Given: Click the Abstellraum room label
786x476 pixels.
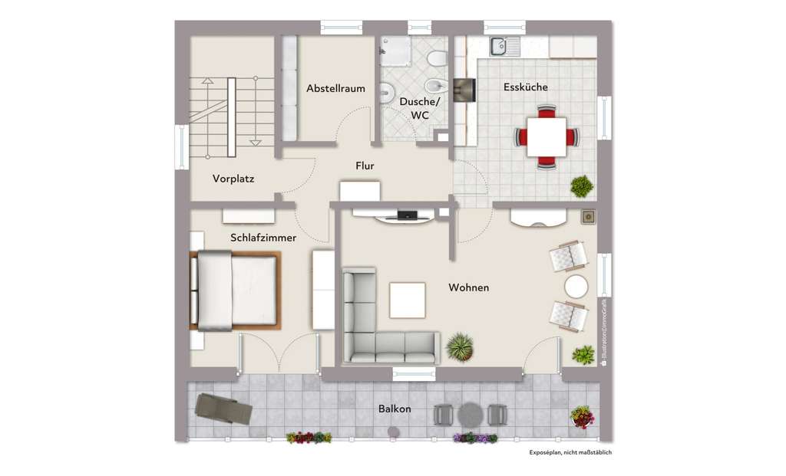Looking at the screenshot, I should [x=335, y=89].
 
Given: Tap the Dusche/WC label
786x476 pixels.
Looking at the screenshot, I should [x=420, y=108].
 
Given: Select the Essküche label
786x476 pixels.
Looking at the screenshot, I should [x=526, y=87].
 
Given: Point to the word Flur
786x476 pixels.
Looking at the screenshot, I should [x=365, y=166].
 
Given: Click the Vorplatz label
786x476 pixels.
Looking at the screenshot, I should [x=233, y=179].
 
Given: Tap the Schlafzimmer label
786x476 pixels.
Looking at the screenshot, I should [x=263, y=238].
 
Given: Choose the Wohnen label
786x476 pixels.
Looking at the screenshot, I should [x=469, y=287].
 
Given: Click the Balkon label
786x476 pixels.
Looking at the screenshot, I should [x=395, y=409].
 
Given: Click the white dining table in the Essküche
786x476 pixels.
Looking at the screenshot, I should [x=547, y=137].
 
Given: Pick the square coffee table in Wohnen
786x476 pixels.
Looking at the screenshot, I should [x=407, y=300].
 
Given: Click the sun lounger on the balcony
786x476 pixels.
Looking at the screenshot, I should [x=223, y=408].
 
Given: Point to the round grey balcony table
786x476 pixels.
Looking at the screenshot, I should [x=469, y=415].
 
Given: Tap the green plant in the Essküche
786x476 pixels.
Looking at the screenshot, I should [x=582, y=185].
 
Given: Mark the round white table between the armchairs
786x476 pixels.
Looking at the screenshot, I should [x=576, y=287].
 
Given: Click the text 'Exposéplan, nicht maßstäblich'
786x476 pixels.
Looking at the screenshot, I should [x=570, y=453].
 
